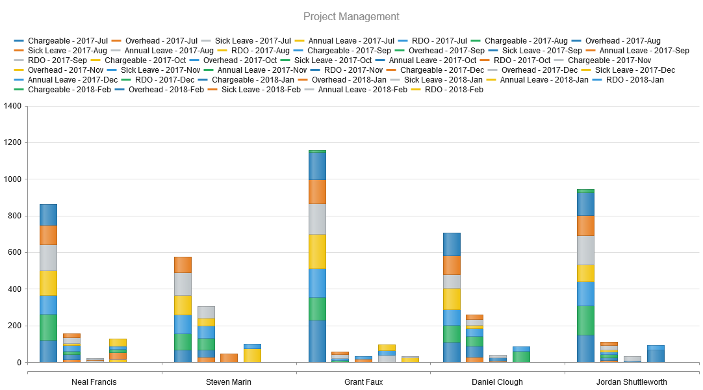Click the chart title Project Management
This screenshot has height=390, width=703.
(351, 16)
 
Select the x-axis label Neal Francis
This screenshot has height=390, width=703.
(94, 382)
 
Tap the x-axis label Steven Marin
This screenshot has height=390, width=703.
(228, 382)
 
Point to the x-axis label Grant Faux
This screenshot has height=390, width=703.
(363, 382)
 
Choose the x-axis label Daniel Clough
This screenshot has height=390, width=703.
(497, 382)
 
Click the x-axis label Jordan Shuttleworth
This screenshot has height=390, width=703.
(632, 382)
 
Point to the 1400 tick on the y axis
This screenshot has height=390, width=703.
(12, 106)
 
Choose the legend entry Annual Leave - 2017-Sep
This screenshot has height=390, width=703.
(644, 50)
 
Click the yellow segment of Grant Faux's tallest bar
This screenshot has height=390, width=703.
(317, 251)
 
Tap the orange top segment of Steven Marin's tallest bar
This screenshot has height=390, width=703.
(183, 265)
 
